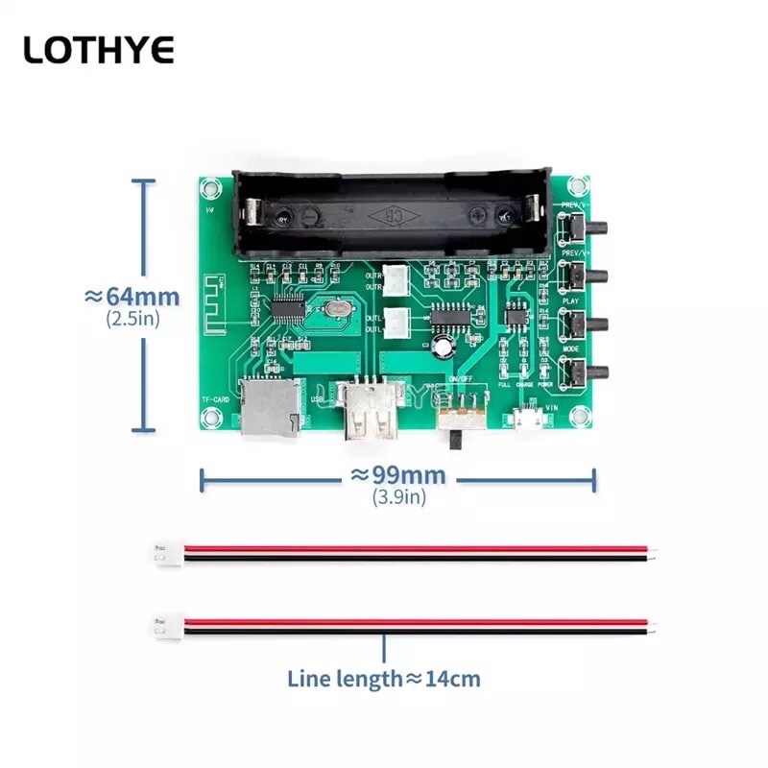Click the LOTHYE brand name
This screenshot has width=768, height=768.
pyautogui.click(x=98, y=49)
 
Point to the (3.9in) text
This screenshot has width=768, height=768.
pyautogui.click(x=398, y=497)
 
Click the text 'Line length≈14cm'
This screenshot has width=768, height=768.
pyautogui.click(x=384, y=679)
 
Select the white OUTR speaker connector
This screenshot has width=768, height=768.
pyautogui.click(x=396, y=279)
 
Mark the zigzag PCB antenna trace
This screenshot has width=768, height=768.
pyautogui.click(x=216, y=305)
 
